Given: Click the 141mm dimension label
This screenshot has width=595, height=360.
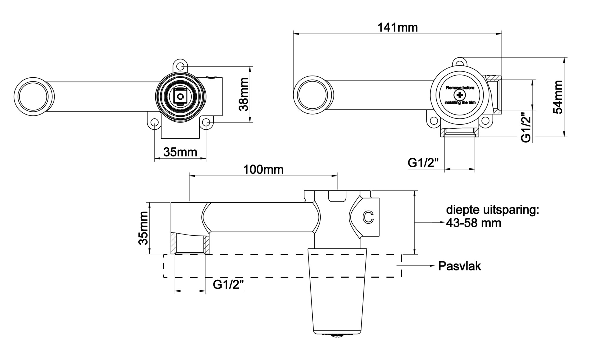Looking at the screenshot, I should click(x=397, y=28).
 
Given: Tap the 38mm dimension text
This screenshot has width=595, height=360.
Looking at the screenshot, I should click(x=244, y=94).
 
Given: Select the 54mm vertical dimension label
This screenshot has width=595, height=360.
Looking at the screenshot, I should click(x=558, y=97).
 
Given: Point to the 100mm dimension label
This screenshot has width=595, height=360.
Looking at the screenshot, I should click(x=263, y=170).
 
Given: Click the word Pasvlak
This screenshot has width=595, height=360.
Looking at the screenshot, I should click(x=459, y=266).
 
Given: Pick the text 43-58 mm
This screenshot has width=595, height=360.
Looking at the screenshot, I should click(x=474, y=223).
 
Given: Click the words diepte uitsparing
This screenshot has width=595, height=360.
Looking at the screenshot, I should click(x=492, y=210).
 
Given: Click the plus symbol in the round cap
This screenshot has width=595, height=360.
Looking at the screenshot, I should click(x=460, y=95).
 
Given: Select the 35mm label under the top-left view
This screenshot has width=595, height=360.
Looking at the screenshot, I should click(x=180, y=152).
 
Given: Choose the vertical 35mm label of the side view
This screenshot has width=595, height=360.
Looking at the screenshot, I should click(x=143, y=228).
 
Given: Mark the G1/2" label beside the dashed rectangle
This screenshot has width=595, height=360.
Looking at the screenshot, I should click(x=228, y=285).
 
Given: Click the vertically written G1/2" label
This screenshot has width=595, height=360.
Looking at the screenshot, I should click(x=527, y=127).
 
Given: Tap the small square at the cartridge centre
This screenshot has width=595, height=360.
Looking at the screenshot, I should click(x=180, y=97).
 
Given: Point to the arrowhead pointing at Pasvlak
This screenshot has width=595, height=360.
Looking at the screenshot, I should click(x=433, y=266).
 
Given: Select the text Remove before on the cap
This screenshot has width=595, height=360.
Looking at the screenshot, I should click(x=460, y=88).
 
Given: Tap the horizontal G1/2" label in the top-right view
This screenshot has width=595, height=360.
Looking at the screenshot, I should click(x=423, y=163).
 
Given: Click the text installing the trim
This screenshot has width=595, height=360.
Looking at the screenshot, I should click(x=460, y=103).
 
